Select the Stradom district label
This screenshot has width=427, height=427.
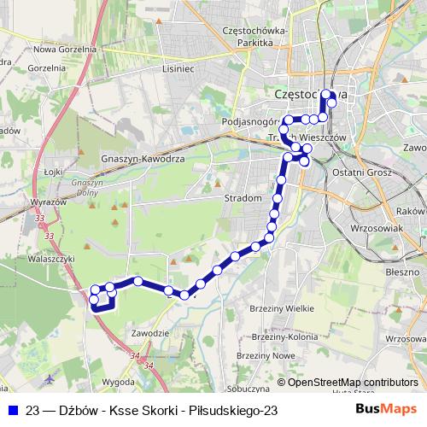tap(243, 197)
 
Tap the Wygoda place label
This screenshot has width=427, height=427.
tap(119, 381)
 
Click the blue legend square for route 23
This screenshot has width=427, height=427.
tap(12, 410)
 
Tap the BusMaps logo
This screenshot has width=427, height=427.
tap(394, 409)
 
